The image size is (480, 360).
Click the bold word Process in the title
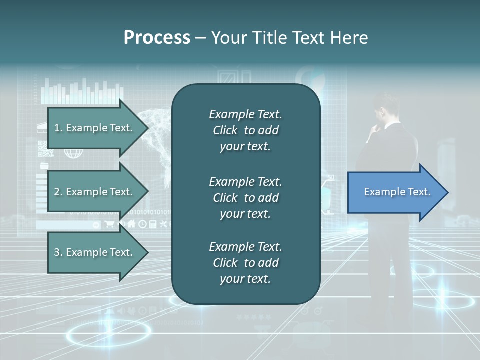point(157,38)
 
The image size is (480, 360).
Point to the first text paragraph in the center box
point(245,130)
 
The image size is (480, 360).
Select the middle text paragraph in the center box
point(245,198)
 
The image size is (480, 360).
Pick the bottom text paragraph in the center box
point(245,263)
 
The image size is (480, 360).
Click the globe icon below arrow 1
point(73,153)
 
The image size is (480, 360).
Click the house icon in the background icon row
point(132,224)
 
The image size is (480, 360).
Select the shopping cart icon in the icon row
point(109,224)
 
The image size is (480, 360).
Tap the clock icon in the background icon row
point(142,224)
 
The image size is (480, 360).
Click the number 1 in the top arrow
point(56,128)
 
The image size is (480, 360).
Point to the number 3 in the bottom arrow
point(56,252)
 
